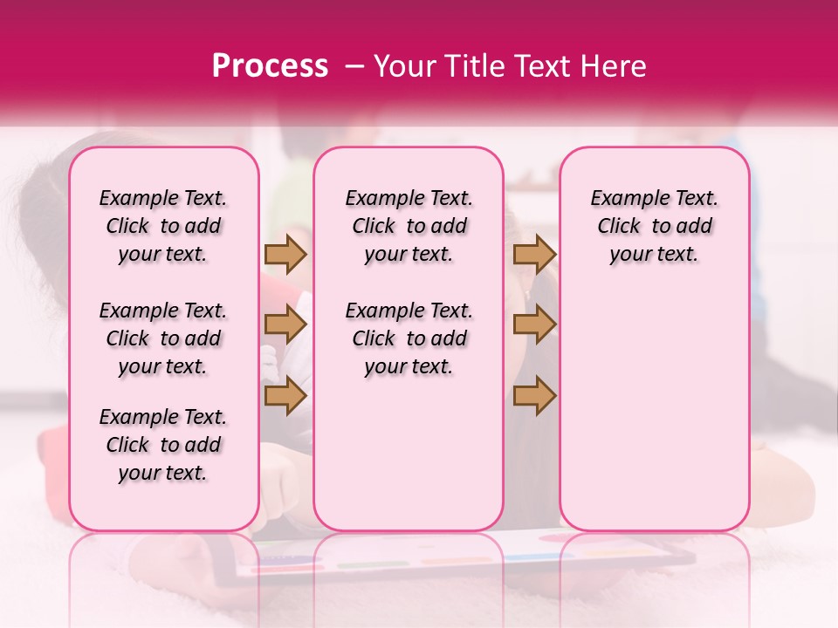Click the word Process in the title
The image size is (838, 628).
(x=270, y=66)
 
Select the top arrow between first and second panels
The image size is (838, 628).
(x=285, y=254)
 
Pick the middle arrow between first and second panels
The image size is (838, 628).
(x=285, y=324)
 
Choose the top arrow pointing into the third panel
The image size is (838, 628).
(x=534, y=254)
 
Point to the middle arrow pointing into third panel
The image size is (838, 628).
(x=534, y=324)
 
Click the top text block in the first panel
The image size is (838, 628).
(x=163, y=226)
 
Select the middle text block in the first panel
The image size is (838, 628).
(x=163, y=338)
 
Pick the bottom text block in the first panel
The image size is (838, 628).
(x=163, y=445)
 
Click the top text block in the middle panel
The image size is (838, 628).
(x=409, y=226)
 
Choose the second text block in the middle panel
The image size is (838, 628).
(x=409, y=338)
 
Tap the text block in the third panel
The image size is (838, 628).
(x=655, y=226)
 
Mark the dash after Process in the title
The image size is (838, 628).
(x=353, y=66)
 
